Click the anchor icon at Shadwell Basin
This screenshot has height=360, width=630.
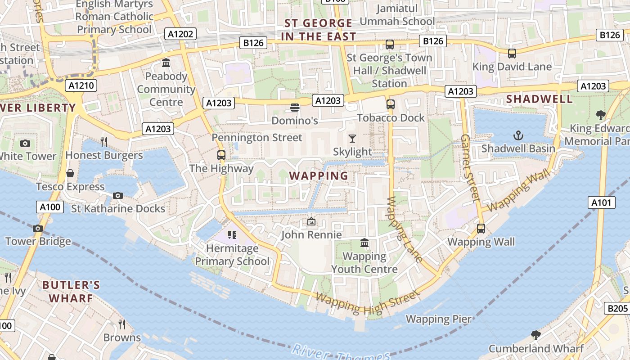518,135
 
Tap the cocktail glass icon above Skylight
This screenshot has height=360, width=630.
352,139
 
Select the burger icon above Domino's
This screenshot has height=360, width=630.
295,108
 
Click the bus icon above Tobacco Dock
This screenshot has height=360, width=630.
390,104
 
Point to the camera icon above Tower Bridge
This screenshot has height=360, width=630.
38,228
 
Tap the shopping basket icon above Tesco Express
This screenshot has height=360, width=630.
70,173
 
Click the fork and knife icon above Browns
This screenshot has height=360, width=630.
121,324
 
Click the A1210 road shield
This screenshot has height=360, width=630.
81,85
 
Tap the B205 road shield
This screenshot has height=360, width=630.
617,308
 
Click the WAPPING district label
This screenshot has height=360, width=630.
319,175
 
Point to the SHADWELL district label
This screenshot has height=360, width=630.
540,99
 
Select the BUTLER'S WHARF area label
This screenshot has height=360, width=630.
71,292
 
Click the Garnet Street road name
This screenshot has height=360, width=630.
471,167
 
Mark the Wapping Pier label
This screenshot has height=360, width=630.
439,319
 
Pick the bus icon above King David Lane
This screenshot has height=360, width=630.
512,54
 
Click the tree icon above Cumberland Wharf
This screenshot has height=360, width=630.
535,335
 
